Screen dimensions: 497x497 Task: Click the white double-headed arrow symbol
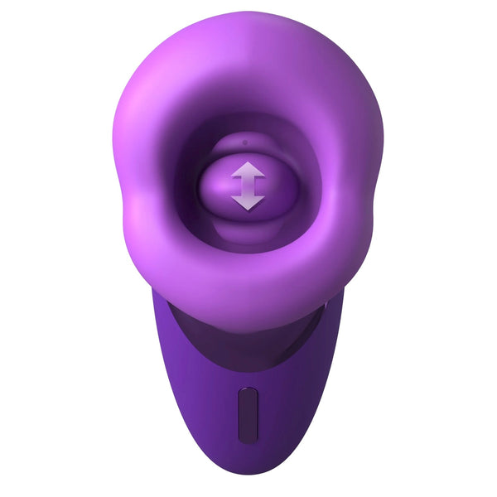(248, 186)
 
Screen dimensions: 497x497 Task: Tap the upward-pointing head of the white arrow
(248, 170)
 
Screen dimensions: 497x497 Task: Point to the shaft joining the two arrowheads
(248, 186)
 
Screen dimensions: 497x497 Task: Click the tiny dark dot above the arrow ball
(245, 142)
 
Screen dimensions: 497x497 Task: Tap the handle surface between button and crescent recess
(247, 360)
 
